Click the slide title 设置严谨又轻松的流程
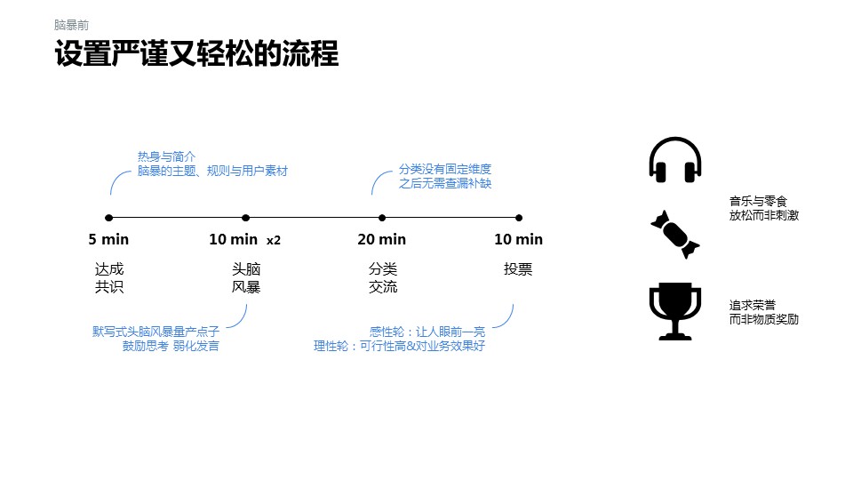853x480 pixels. (x=196, y=54)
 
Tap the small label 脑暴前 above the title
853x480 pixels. (x=71, y=26)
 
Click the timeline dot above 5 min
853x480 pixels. (x=108, y=217)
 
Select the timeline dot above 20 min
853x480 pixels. (x=382, y=217)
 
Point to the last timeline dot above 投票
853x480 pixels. (x=519, y=217)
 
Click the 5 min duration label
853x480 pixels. (x=108, y=239)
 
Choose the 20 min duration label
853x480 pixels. (x=382, y=239)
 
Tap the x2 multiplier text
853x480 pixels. (x=274, y=240)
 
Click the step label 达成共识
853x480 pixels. (x=109, y=277)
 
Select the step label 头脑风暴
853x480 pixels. (x=246, y=277)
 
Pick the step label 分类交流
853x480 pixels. (x=383, y=277)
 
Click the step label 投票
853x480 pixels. (x=518, y=269)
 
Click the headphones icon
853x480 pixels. (x=675, y=161)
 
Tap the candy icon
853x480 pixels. (x=675, y=234)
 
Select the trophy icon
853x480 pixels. (x=675, y=310)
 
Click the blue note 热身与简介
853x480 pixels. (x=166, y=156)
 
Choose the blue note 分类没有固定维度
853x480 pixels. (x=445, y=169)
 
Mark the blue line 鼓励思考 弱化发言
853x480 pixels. (x=171, y=346)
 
